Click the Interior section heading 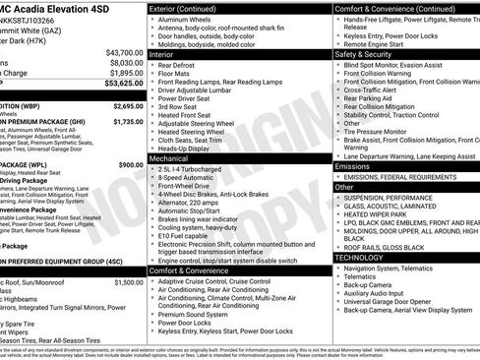coord(162,54)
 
